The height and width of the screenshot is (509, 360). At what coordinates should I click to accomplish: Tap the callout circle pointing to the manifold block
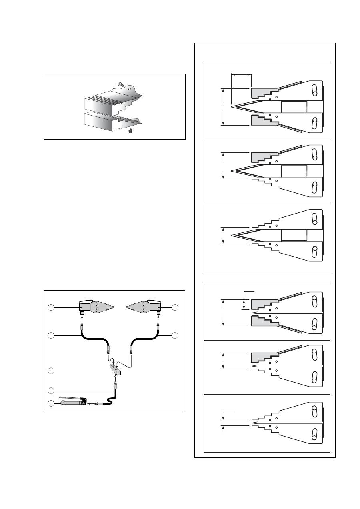51,371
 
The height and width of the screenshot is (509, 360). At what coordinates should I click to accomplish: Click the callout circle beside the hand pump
51,403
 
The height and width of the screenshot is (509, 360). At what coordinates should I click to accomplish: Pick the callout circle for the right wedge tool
174,307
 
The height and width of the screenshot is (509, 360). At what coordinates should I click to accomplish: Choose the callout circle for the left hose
51,335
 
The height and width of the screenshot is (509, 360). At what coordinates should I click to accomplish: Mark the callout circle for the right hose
174,335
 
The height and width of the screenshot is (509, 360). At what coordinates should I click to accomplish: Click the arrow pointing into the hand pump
91,404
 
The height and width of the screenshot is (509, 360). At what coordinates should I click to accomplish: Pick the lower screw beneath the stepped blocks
130,130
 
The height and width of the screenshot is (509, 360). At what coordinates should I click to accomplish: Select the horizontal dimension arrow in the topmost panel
242,74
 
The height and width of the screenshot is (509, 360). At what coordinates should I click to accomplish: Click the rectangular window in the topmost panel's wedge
294,107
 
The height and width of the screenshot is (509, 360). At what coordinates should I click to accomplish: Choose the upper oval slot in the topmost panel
315,90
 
